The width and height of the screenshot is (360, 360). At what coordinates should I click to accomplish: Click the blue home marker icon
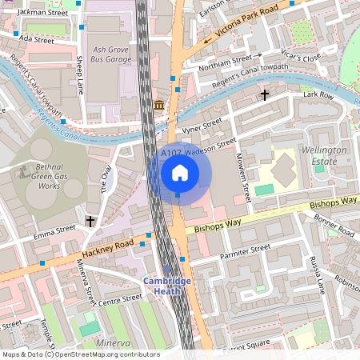180,172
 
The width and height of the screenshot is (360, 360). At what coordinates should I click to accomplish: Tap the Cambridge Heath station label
167,286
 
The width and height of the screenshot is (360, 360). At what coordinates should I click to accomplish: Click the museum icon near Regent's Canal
159,106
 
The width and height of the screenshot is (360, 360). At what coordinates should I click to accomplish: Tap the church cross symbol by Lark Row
264,96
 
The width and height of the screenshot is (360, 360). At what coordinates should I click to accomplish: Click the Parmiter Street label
245,250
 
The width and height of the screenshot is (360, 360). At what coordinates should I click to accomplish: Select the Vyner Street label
202,126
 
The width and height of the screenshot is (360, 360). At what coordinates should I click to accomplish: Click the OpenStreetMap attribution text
80,354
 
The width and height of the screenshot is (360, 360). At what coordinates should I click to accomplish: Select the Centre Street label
119,302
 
